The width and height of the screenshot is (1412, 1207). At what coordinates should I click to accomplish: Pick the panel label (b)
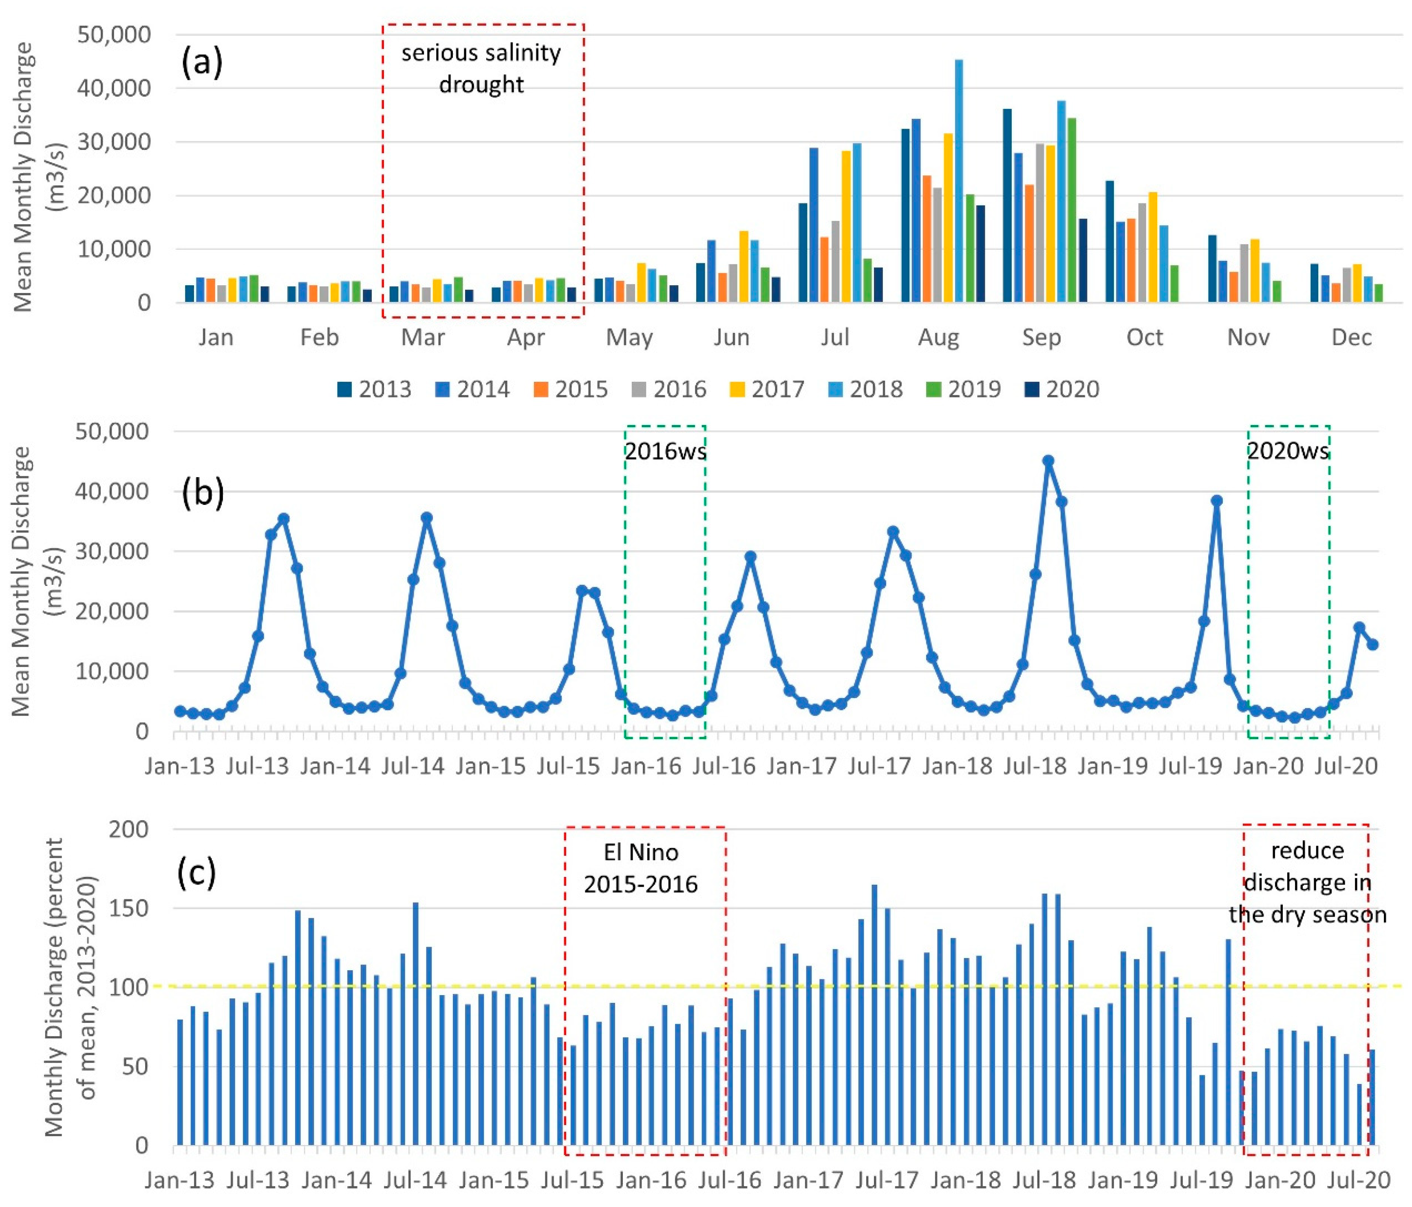203,493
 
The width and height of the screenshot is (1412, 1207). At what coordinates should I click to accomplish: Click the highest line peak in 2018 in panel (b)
1048,461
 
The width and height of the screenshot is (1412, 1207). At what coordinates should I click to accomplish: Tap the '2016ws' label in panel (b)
665,451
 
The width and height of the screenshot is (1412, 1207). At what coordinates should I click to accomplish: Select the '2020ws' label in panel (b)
1288,451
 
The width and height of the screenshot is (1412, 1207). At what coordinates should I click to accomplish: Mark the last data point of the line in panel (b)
1372,644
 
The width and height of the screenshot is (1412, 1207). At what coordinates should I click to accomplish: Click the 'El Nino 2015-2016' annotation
641,868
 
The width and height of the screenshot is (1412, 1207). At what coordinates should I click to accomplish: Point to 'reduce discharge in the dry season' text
1307,882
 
